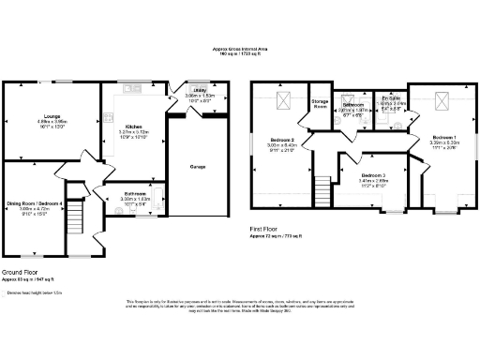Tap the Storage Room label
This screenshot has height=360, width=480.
click(321, 103)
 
